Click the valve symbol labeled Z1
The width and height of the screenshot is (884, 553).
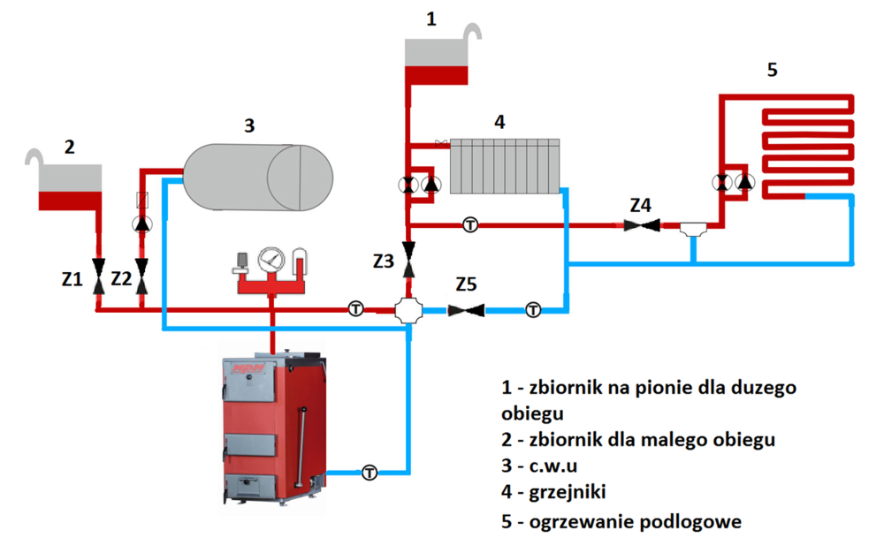coord(99,276)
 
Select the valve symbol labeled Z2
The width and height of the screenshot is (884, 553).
coord(141,276)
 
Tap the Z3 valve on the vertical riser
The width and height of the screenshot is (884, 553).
coord(408,260)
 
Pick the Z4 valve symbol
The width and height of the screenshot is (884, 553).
coord(642,225)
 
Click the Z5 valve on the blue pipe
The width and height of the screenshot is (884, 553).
coord(466,310)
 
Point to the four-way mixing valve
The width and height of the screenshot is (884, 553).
coord(408,310)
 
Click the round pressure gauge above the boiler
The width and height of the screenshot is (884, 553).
coord(271,260)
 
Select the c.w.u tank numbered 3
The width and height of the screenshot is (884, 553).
coord(259,178)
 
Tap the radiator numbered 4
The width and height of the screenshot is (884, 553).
coord(505,166)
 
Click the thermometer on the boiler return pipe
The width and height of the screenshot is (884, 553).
coord(370,473)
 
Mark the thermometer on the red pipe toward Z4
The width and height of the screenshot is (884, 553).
coord(470,225)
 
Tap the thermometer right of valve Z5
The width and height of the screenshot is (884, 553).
coord(533,310)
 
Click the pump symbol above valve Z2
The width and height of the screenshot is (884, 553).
coord(141,224)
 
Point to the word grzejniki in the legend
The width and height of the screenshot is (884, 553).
coord(568,492)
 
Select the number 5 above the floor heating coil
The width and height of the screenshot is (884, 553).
coord(773,70)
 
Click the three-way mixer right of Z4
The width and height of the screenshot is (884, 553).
coord(693,229)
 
